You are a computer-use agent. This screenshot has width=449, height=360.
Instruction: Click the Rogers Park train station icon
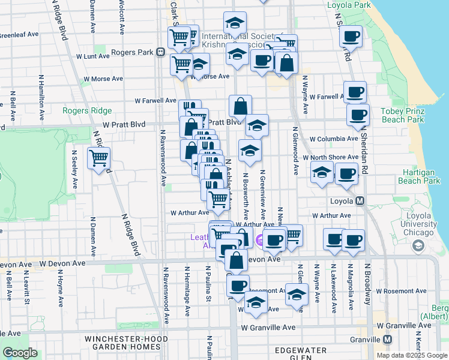click(161, 52)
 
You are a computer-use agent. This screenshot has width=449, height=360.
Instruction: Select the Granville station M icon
click(388, 339)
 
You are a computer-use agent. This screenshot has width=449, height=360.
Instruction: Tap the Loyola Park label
click(349, 5)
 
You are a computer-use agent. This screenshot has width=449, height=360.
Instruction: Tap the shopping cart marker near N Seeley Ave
click(99, 159)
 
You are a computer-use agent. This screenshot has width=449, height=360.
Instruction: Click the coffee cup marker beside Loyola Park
click(351, 36)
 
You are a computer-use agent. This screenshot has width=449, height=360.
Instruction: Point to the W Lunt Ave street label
click(92, 55)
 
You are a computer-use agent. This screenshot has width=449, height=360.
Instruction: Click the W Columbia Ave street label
click(334, 139)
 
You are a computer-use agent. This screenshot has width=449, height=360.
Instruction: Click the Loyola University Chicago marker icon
click(418, 246)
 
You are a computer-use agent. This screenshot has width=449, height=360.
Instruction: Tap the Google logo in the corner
click(20, 353)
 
